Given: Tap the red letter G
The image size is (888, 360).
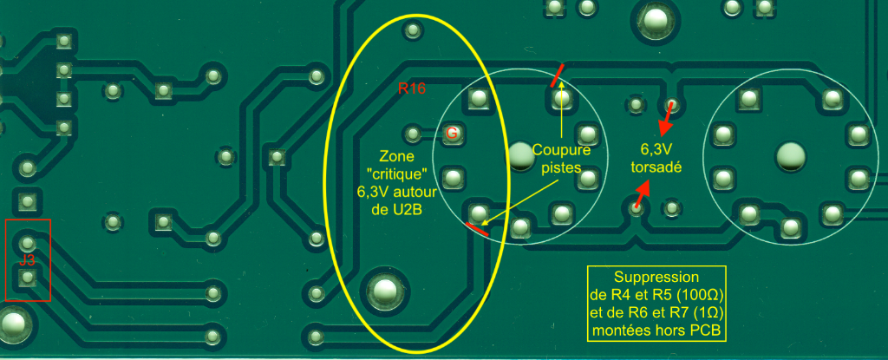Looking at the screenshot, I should pos(451,133).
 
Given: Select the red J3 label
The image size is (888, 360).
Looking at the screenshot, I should pos(27,259).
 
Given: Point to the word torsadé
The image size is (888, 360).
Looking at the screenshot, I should pos(656,168).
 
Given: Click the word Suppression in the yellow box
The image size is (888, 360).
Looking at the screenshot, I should pos(656,277).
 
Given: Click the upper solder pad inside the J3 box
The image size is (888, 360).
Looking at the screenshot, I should pos(28,242).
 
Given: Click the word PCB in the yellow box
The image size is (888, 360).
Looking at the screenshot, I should pos(707,331).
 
